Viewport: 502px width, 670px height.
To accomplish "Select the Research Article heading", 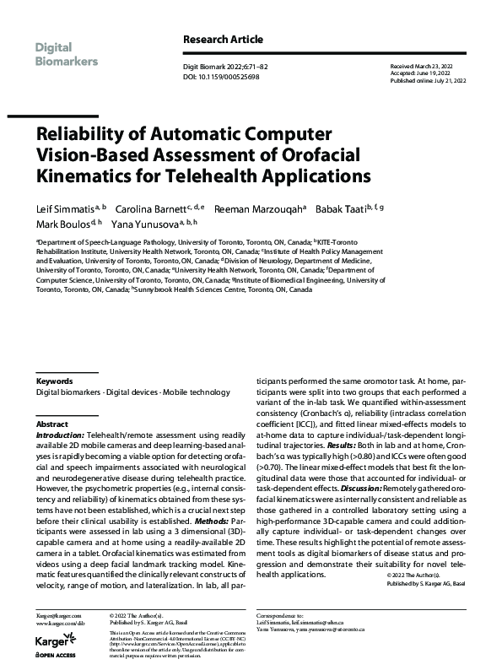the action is pos(223,40).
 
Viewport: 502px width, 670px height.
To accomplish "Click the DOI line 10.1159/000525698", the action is pos(221,76).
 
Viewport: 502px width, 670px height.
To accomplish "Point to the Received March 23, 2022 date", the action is pos(426,65).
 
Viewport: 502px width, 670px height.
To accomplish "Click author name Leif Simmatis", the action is pos(65,208).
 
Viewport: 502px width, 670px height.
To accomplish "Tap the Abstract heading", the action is pos(51,424).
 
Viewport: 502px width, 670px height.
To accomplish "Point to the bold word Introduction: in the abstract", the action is pos(60,435).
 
